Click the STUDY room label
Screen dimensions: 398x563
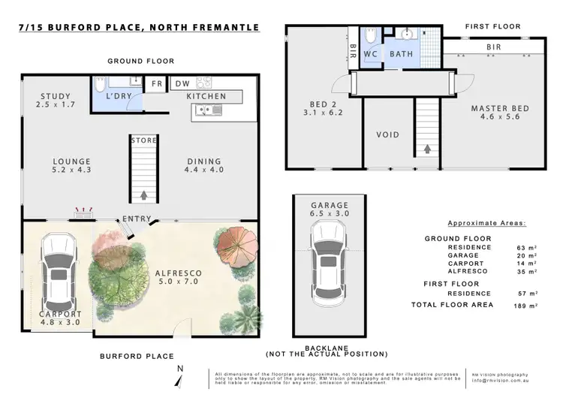(53, 96)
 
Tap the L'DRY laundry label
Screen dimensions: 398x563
(118, 97)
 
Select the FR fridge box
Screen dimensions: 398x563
(157, 84)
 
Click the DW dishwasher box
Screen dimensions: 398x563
(182, 84)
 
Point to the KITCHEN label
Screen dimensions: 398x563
(206, 97)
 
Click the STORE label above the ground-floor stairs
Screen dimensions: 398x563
(143, 140)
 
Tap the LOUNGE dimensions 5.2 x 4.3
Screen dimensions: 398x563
(72, 171)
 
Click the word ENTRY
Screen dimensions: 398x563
(138, 219)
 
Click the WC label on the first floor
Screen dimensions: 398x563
(370, 54)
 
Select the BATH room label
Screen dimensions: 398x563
(401, 54)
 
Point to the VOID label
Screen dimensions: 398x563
(387, 135)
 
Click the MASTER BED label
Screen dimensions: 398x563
(500, 109)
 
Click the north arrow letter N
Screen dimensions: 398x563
(179, 368)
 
